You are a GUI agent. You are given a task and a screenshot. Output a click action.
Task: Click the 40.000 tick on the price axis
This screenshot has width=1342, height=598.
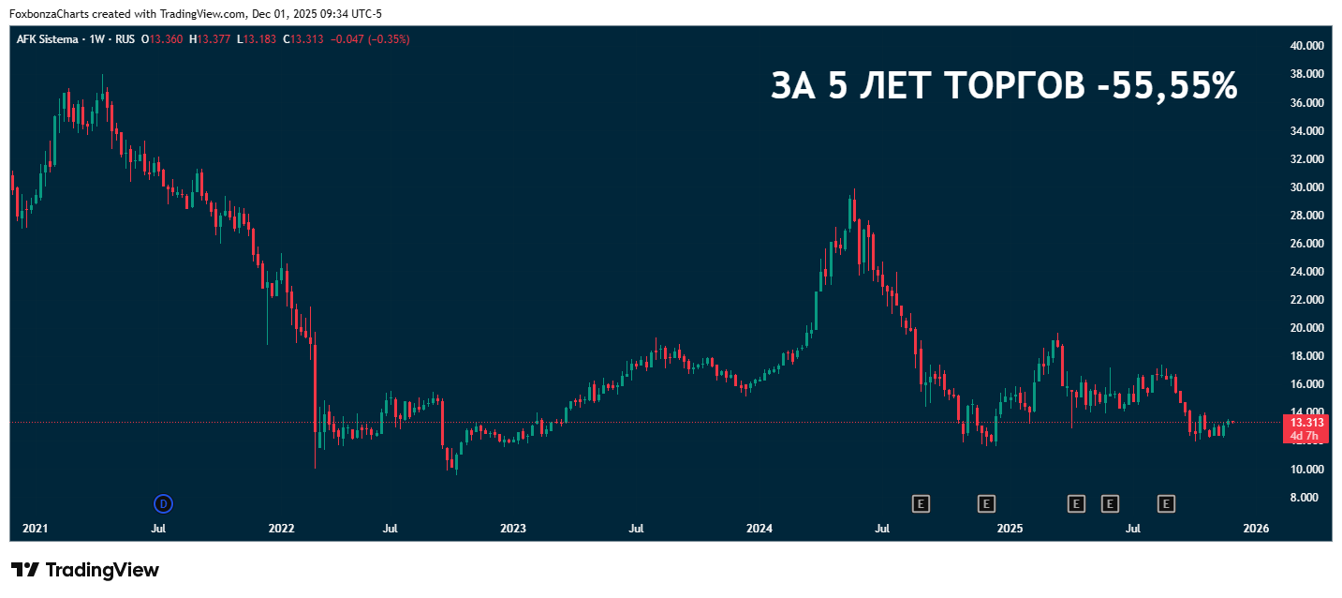(1305, 45)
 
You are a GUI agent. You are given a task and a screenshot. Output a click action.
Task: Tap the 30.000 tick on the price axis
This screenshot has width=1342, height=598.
(1305, 187)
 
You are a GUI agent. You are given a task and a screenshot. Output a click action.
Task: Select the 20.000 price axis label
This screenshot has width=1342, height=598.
(1305, 328)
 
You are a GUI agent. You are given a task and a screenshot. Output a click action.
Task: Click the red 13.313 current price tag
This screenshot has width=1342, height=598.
(1306, 423)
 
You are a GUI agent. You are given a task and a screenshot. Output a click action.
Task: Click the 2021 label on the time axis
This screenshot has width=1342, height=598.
(35, 529)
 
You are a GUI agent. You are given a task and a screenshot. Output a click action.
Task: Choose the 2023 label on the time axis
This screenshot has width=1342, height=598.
(513, 529)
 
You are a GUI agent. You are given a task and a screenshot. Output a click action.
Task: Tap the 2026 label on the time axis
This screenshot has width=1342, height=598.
(1255, 529)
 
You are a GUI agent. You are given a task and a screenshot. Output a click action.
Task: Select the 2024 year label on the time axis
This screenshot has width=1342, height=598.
(759, 529)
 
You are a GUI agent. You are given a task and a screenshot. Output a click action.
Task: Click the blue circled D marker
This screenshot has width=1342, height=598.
(164, 504)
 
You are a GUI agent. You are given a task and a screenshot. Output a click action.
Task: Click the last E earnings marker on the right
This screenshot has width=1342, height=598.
(1166, 504)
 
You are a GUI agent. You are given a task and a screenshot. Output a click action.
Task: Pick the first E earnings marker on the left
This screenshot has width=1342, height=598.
(921, 504)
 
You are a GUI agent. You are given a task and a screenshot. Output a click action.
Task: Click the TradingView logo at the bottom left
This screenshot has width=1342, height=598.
(84, 570)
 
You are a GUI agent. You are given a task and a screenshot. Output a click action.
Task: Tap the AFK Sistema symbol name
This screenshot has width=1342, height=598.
(48, 39)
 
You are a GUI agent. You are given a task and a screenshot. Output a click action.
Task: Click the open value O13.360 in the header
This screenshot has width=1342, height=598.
(161, 39)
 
